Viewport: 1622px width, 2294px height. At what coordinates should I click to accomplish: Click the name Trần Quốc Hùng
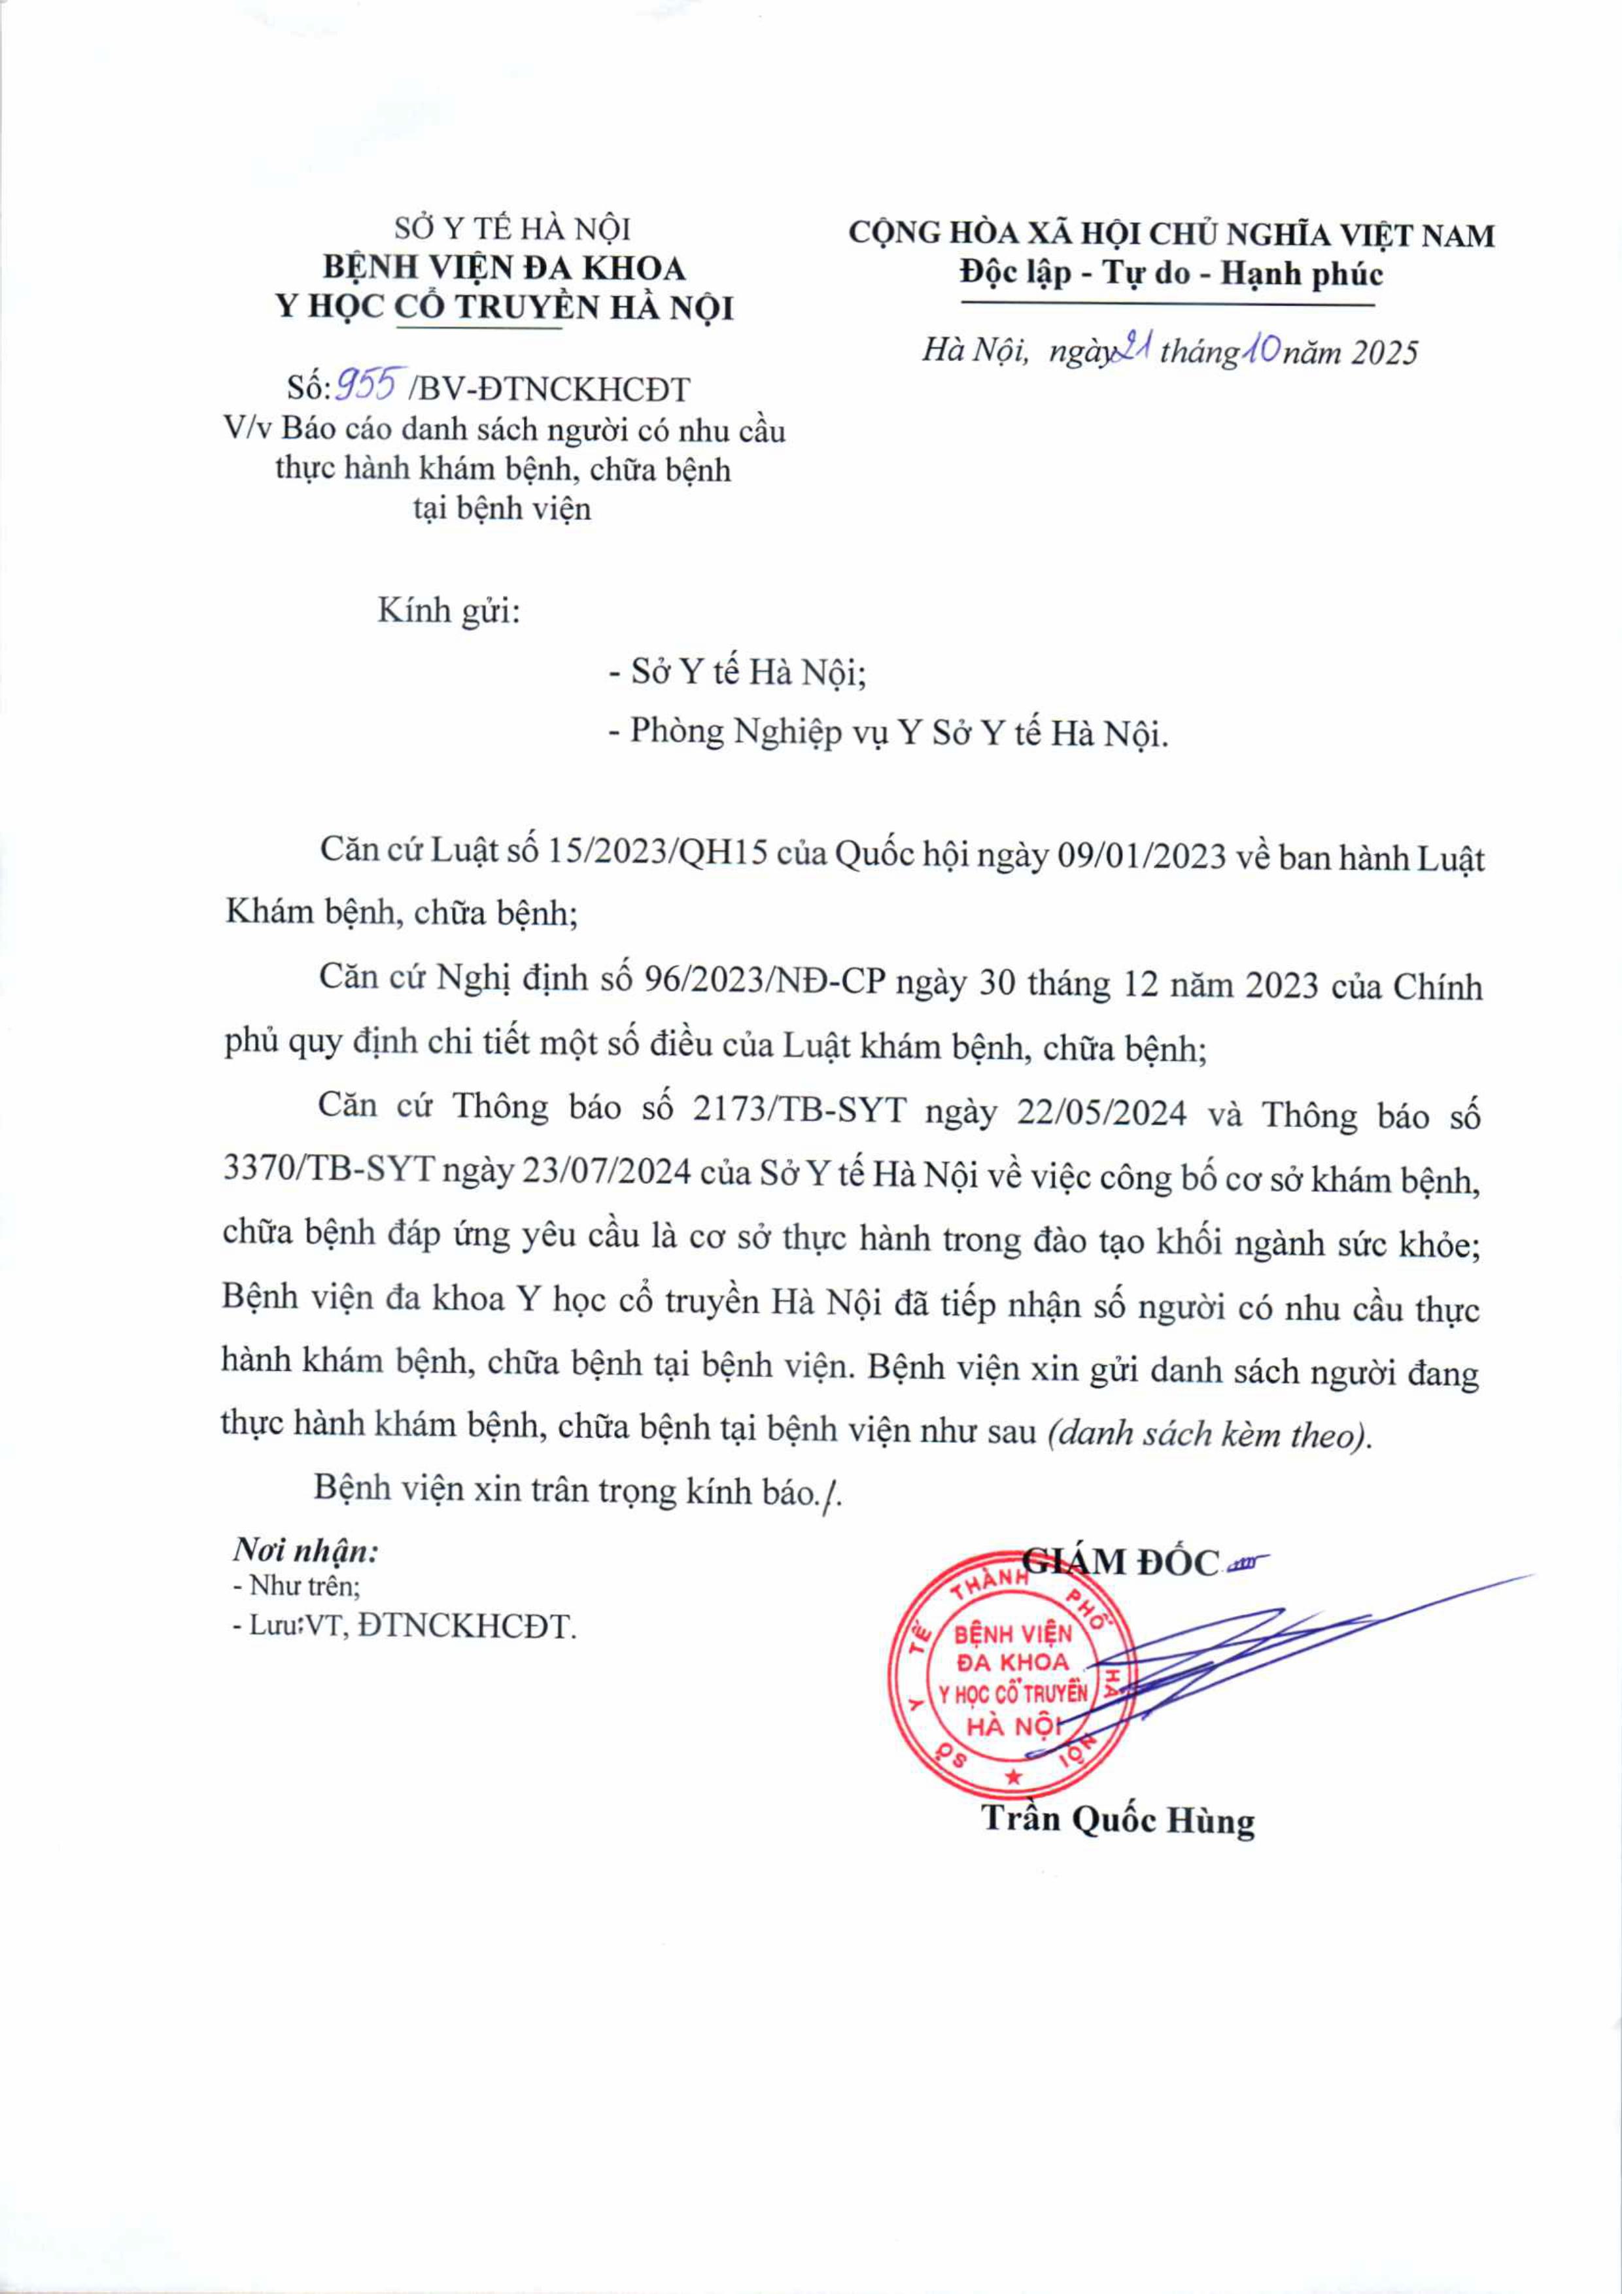tap(1117, 1821)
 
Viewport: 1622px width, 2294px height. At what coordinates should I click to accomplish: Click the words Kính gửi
tap(449, 611)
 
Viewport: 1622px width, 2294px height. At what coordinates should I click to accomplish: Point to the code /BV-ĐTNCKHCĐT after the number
tap(549, 389)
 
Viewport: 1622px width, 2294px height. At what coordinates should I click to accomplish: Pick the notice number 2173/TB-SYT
tap(797, 1110)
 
